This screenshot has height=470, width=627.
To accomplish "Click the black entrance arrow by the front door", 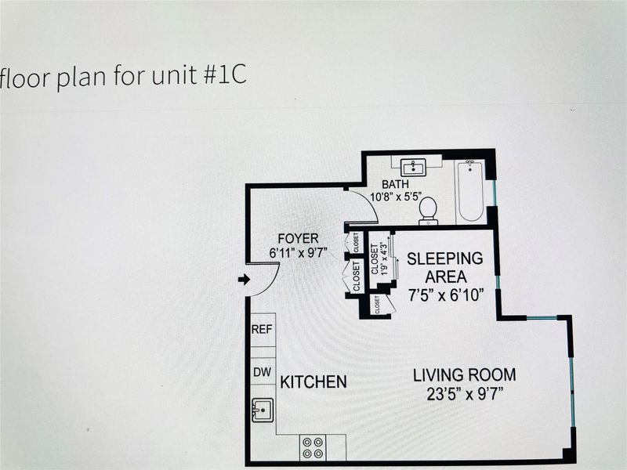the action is point(244,280).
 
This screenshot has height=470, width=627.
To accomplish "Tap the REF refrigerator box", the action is point(263,330).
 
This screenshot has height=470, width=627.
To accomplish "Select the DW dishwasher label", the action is point(263,372).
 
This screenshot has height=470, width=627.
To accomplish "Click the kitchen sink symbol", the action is point(263,410).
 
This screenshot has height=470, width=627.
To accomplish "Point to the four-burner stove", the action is point(313,447).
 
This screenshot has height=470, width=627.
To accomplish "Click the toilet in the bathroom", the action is point(428,211).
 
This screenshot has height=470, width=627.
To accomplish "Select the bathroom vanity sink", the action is point(415,167).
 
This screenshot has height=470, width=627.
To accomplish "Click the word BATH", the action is point(395,184).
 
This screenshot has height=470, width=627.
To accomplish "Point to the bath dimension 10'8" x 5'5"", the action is point(397,197).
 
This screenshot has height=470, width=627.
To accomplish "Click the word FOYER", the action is point(299,239).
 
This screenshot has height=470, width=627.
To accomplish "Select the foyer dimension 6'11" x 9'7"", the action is point(299,253).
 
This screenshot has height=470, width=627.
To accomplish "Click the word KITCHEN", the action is point(313,382).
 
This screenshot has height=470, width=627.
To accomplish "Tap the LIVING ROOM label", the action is point(464,375).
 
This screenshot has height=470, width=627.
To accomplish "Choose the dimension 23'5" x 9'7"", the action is point(465,395).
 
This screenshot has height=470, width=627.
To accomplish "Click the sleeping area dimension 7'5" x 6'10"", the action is point(446,295).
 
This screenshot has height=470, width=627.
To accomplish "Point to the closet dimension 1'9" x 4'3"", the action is point(385,258).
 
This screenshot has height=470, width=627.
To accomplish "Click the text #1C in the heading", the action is point(225,75).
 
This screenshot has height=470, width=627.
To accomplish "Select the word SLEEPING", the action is point(444,258).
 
